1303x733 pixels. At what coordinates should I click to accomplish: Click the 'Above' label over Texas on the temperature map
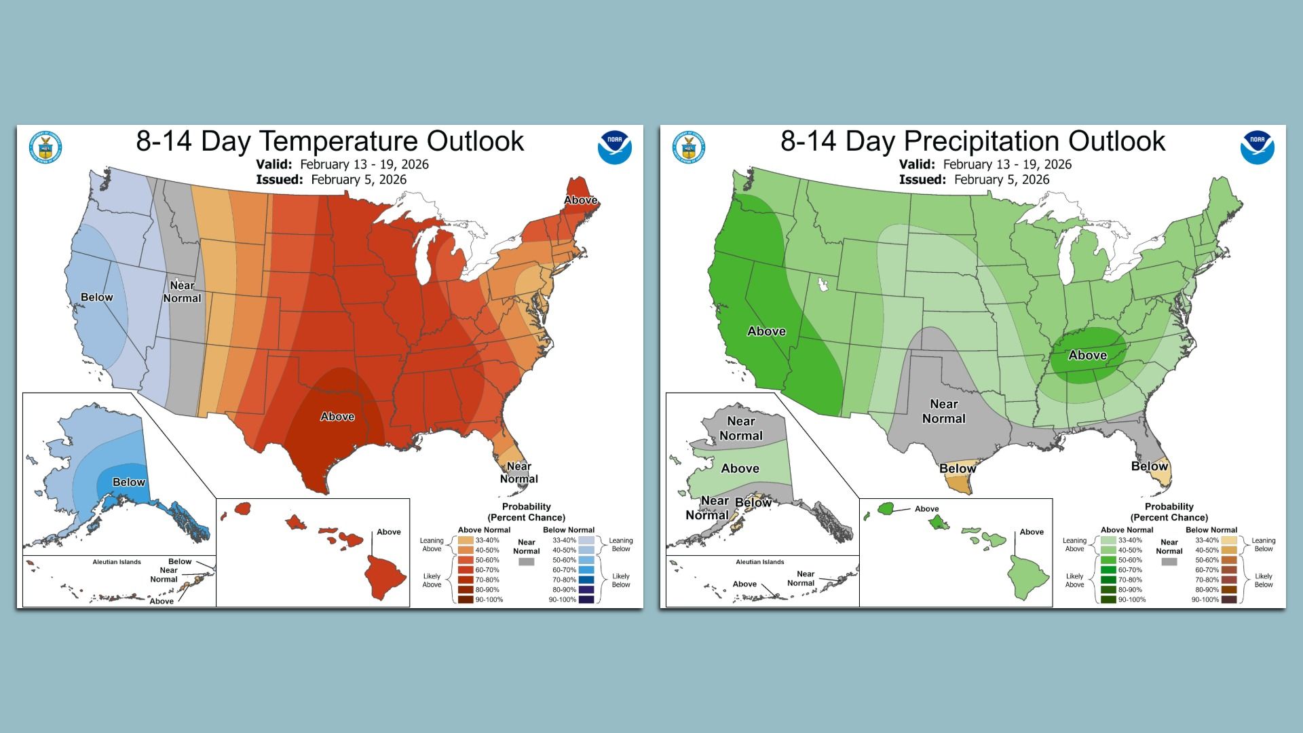[337, 417]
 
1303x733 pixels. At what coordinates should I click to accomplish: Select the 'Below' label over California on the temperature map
[96, 297]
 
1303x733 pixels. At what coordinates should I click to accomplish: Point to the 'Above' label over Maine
[581, 200]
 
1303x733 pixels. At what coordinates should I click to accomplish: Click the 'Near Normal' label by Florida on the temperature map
[519, 472]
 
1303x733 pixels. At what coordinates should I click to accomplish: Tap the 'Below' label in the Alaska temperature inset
[129, 482]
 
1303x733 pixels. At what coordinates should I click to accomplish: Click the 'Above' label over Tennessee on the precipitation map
[1087, 355]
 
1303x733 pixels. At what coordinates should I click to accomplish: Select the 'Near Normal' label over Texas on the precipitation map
[943, 411]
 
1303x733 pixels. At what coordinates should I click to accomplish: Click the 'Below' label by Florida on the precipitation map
[1149, 466]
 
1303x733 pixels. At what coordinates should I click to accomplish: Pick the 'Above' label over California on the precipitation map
[766, 331]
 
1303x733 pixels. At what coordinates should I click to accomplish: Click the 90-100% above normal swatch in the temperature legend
[466, 599]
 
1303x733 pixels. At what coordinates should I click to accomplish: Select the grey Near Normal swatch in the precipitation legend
[1169, 562]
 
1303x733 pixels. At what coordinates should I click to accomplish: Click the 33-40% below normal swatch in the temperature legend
[586, 540]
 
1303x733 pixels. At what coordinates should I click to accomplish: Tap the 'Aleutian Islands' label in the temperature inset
[117, 562]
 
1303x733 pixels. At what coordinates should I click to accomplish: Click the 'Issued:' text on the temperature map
[279, 180]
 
